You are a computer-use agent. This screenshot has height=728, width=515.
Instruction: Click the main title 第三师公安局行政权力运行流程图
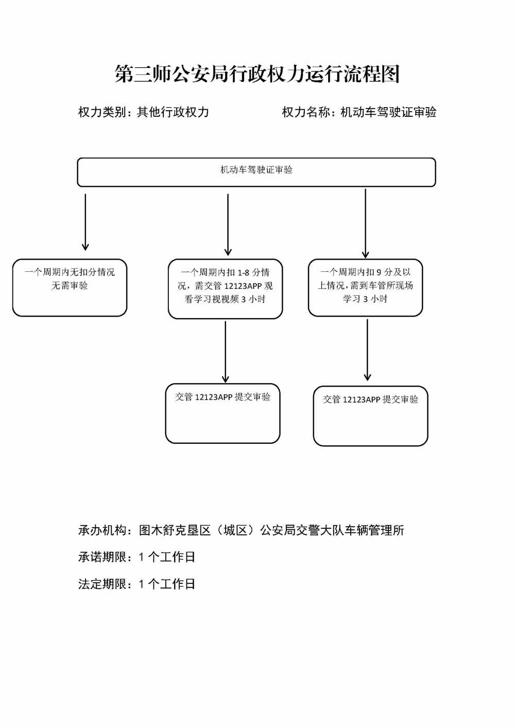pos(257,74)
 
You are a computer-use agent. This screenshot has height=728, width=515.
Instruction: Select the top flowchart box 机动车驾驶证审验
pos(256,172)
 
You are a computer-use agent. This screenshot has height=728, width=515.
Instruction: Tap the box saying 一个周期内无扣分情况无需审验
pos(70,287)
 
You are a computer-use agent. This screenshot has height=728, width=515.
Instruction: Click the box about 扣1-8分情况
pos(225,288)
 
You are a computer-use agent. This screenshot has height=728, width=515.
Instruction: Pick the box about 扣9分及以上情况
pos(365,287)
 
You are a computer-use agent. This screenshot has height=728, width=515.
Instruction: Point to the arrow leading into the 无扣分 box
pos(85,221)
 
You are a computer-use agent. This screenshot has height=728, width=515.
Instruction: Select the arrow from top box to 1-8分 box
pos(228,224)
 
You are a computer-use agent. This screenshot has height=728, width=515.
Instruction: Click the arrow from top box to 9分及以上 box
pos(365,223)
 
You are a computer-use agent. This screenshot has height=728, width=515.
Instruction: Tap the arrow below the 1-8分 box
pos(226,351)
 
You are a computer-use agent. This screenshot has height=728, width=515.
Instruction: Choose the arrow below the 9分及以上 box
pos(367,350)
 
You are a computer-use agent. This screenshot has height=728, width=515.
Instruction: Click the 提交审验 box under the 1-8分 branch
pos(222,413)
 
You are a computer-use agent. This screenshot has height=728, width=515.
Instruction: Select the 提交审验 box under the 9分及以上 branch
pos(370,415)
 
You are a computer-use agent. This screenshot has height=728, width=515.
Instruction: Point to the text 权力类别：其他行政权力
pos(143,112)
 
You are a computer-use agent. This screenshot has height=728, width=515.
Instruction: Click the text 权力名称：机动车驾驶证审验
pos(359,112)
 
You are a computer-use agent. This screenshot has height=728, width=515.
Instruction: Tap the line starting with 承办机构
pos(241,530)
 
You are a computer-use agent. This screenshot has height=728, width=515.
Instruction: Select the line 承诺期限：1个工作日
pos(136,557)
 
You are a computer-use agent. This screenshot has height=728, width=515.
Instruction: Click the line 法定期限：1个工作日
pos(136,584)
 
